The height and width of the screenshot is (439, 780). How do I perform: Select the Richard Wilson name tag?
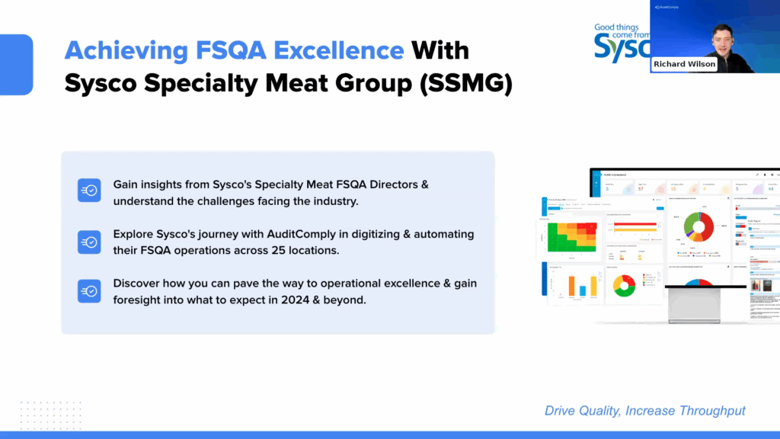pyautogui.click(x=684, y=64)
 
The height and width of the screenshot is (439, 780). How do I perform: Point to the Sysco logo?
pyautogui.click(x=621, y=42)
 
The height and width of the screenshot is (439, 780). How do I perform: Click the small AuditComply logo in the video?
pyautogui.click(x=668, y=7)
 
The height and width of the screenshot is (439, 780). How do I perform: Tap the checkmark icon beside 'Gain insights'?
pyautogui.click(x=89, y=191)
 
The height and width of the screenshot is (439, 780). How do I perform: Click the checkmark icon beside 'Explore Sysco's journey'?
pyautogui.click(x=89, y=242)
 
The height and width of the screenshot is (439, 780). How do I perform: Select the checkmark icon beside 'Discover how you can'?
pyautogui.click(x=89, y=290)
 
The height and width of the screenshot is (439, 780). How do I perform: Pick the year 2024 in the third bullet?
pyautogui.click(x=291, y=300)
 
